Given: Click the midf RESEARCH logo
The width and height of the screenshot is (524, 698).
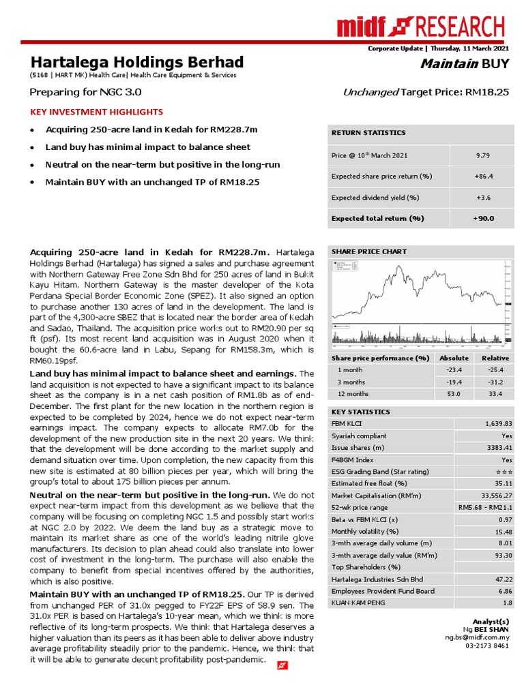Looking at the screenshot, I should (x=421, y=27).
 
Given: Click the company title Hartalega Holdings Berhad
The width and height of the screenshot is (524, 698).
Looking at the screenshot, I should (x=136, y=62).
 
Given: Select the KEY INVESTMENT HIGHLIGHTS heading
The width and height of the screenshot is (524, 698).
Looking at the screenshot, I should (x=96, y=112).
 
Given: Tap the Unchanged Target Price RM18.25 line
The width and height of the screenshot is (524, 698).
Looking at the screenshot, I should (x=426, y=92).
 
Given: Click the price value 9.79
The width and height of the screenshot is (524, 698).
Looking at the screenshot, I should (x=483, y=155).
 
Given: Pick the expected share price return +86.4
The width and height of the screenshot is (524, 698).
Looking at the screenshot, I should (x=483, y=176).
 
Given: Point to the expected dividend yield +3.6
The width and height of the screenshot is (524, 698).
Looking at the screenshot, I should (x=483, y=197).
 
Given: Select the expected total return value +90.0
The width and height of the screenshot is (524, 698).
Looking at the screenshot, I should (x=483, y=218).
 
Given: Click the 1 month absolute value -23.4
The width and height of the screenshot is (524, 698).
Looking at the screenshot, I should (x=454, y=369).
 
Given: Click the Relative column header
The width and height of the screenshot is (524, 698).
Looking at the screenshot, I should (x=495, y=358).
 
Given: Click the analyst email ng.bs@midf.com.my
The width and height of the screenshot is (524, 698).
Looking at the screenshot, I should (x=477, y=637).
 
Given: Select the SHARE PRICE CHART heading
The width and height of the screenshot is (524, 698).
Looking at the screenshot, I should (x=368, y=252).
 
